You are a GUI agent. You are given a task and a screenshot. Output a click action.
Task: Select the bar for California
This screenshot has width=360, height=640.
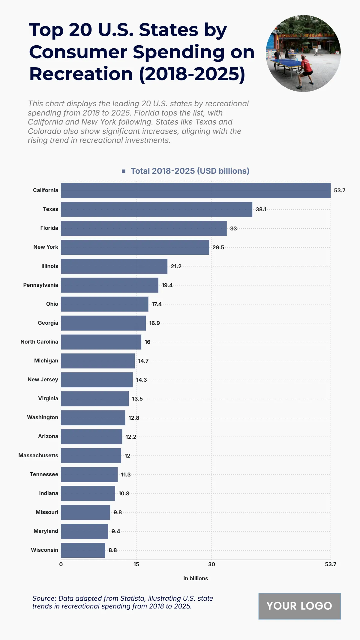point(196,191)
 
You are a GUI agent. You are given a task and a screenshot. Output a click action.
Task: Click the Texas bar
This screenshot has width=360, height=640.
point(156,209)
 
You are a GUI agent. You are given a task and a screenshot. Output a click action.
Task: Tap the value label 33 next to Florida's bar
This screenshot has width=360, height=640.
point(233,229)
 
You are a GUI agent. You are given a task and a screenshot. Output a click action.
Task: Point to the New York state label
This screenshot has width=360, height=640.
point(46,247)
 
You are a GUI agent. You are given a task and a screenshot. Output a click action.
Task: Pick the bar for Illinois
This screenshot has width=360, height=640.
point(114,266)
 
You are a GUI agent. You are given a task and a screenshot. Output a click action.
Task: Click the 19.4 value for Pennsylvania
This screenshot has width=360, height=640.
point(167,285)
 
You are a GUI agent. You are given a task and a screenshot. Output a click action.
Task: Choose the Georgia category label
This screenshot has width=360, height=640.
point(48,323)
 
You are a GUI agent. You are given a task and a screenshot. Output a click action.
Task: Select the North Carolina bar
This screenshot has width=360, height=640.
point(101,342)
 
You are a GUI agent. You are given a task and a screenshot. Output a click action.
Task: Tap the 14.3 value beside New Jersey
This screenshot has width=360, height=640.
point(141,380)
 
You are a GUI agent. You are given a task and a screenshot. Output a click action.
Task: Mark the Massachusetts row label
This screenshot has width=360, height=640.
point(38,455)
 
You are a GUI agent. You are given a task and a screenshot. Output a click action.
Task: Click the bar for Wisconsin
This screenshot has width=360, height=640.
point(83,550)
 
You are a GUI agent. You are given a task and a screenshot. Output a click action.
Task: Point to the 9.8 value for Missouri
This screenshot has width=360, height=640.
point(118,512)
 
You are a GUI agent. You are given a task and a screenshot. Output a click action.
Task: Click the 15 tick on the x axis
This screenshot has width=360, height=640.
point(136,564)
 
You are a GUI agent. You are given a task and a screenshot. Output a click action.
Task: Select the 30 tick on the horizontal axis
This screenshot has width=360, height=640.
point(211,564)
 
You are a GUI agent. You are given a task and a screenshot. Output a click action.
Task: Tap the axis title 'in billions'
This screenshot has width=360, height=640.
point(196,578)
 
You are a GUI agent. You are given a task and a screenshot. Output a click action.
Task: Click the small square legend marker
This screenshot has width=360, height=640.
point(124,171)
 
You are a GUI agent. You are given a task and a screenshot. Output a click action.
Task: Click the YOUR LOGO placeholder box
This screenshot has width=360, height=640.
point(299,606)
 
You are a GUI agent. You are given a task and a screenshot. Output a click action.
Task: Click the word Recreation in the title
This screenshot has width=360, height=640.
point(81,74)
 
